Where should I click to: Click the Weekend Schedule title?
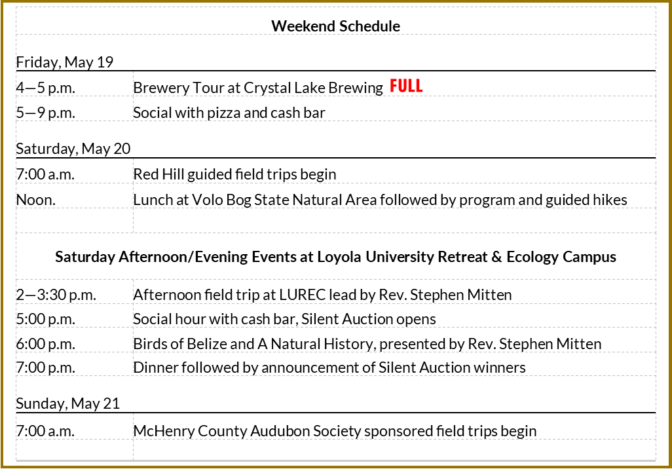pos(335,26)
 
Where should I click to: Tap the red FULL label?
pos(406,86)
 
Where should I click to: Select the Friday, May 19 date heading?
pos(65,63)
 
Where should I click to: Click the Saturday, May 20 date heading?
pos(73,149)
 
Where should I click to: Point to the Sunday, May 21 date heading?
pos(67,403)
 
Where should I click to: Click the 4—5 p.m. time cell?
pos(45,88)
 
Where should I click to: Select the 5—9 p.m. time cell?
pos(45,113)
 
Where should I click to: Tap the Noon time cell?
pos(35,200)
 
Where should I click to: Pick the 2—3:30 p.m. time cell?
pos(56,295)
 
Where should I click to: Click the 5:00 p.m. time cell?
pos(45,319)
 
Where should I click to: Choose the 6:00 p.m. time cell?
pos(45,344)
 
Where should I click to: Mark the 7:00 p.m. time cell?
pos(45,367)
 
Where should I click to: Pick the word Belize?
pos(204,344)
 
